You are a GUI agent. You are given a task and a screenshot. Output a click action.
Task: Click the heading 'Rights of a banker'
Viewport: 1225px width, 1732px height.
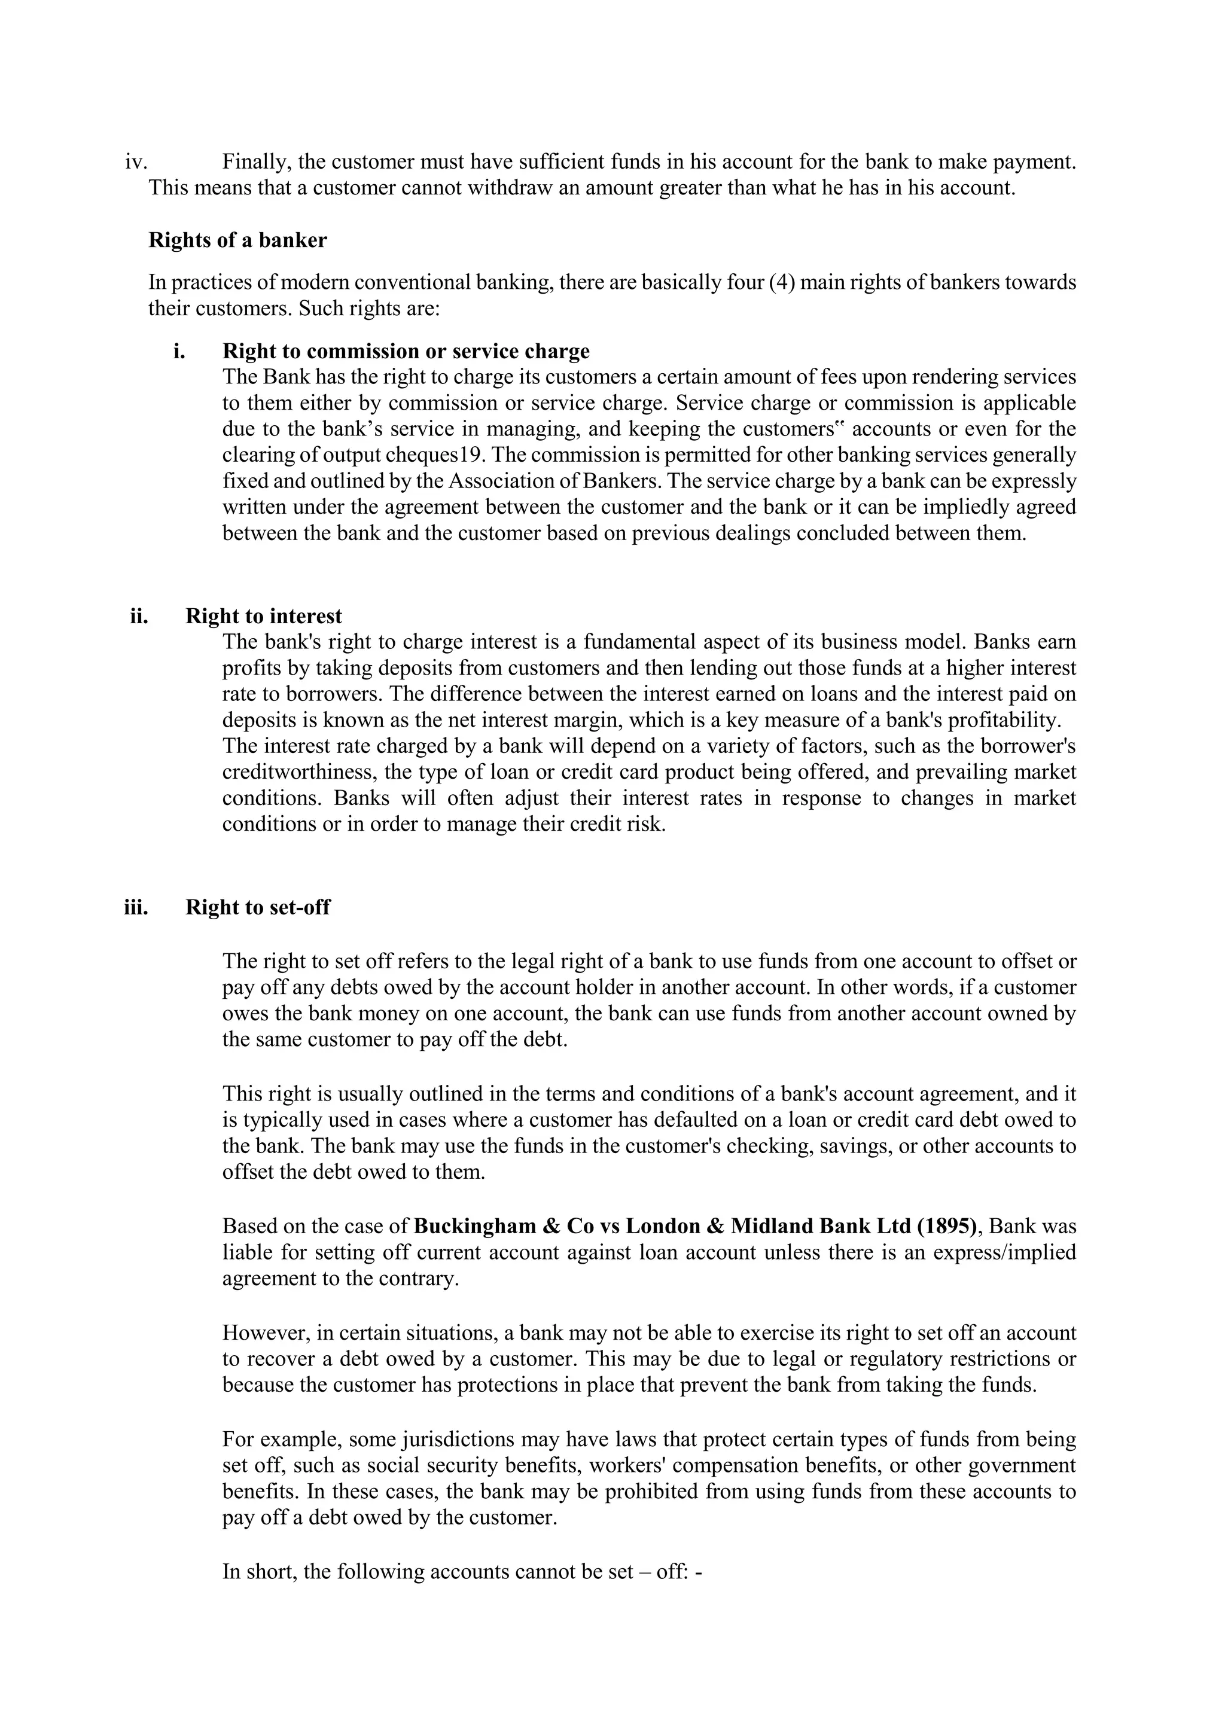[237, 240]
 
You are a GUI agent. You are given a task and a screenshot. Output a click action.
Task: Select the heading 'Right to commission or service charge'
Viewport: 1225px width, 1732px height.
[406, 351]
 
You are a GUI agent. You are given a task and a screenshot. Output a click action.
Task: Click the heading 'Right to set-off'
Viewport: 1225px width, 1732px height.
[257, 906]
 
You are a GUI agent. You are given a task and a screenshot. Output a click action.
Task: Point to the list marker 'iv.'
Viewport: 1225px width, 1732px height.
[136, 161]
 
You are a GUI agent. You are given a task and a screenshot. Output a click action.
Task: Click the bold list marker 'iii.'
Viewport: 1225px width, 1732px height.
[136, 906]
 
